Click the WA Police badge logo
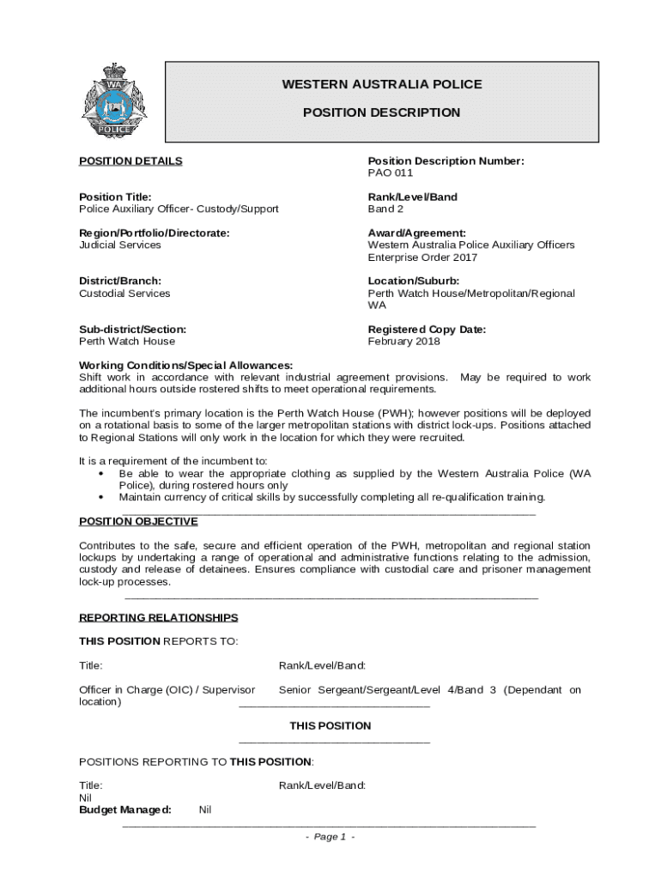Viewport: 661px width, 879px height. (x=114, y=102)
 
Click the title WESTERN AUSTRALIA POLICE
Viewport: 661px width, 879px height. (x=382, y=84)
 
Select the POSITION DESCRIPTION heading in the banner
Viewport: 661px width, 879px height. (x=382, y=112)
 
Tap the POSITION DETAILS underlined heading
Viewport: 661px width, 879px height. (x=130, y=161)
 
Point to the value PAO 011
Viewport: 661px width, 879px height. (x=391, y=173)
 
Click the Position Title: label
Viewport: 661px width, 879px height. (x=115, y=197)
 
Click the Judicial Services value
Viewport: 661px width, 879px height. (x=120, y=245)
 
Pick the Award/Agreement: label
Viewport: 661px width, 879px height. (x=417, y=233)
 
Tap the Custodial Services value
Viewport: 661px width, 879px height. (x=124, y=293)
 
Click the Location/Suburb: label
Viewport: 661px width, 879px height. (x=414, y=281)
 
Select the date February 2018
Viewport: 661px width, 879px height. (x=403, y=341)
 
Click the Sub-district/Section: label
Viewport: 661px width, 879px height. (x=132, y=329)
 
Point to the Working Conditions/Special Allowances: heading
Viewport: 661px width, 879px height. (x=186, y=365)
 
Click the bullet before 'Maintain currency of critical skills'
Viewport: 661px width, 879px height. (x=102, y=497)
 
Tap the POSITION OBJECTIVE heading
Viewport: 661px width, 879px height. (x=138, y=521)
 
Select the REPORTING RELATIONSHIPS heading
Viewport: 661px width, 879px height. (x=159, y=617)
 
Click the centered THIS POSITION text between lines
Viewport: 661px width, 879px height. (x=330, y=725)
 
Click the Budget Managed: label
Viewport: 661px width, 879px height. (x=125, y=809)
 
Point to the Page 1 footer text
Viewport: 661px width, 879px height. (x=330, y=837)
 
